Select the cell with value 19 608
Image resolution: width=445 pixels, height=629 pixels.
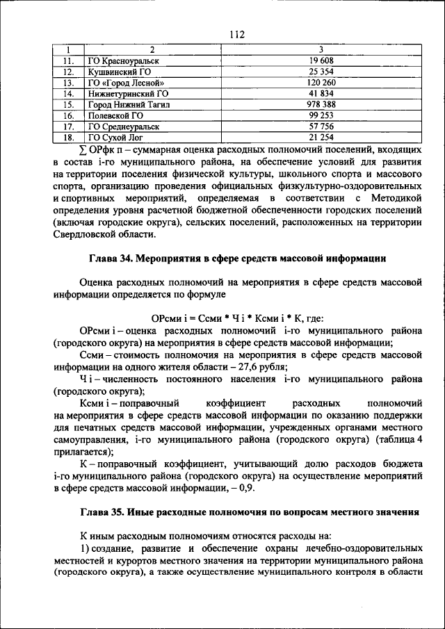(321, 60)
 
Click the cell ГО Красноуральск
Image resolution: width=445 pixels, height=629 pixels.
(123, 60)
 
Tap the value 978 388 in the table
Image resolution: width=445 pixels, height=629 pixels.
(321, 104)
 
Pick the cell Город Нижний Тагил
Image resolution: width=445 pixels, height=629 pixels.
(129, 104)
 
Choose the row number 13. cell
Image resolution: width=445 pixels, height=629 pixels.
(67, 82)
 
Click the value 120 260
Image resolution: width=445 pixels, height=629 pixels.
(321, 82)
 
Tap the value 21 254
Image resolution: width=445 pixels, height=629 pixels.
(321, 138)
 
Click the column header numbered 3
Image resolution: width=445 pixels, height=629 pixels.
(321, 50)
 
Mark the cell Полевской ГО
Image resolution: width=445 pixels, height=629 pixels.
(115, 115)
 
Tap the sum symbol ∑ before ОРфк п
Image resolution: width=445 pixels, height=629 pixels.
(83, 149)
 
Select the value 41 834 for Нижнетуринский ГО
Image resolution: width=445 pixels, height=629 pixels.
(321, 93)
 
